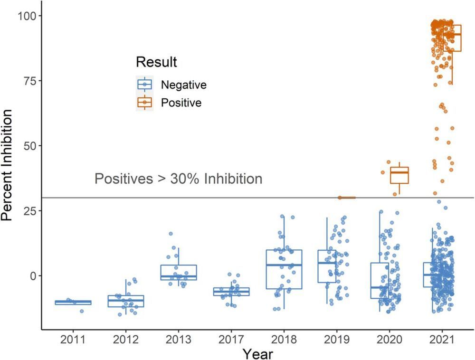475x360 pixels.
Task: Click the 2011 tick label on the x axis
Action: point(73,340)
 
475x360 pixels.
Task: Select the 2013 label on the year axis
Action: point(179,340)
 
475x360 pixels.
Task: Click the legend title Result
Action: point(156,62)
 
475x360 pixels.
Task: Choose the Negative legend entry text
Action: point(184,85)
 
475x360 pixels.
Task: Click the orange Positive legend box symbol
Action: point(144,102)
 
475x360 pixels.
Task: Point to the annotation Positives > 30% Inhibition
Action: point(178,179)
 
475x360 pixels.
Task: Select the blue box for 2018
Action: point(284,269)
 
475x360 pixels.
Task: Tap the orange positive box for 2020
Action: point(399,175)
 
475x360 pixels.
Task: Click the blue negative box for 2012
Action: point(126,301)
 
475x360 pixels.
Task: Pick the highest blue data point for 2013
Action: point(171,234)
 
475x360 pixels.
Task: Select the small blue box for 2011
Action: point(73,303)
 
